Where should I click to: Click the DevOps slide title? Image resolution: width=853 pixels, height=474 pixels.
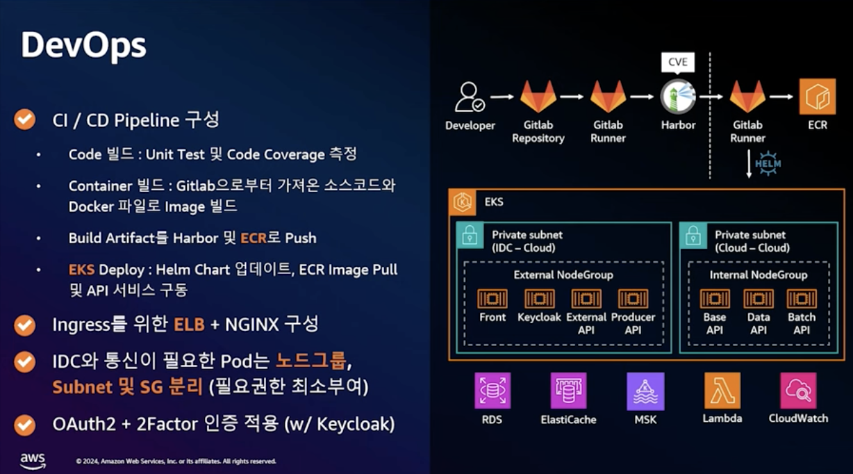click(83, 46)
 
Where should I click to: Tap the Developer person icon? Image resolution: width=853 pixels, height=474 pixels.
click(470, 97)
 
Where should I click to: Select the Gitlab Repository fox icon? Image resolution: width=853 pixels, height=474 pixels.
click(538, 97)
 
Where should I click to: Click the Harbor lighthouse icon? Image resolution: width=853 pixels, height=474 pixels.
click(677, 97)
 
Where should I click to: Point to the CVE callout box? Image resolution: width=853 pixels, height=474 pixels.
click(677, 63)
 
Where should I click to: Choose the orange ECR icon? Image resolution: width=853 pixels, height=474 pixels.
click(817, 97)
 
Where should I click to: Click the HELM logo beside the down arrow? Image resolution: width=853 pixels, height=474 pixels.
click(768, 163)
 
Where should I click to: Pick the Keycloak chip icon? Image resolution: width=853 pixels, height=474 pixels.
click(539, 299)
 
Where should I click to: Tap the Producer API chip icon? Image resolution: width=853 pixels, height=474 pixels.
click(633, 299)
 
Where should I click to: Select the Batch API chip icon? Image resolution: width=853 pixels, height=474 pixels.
click(802, 299)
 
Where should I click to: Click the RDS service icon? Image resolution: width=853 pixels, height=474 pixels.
click(492, 391)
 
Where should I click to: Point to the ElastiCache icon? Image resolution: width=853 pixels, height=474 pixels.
click(568, 391)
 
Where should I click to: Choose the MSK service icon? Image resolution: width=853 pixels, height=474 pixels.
click(645, 391)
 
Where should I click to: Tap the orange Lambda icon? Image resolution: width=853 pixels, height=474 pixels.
click(722, 391)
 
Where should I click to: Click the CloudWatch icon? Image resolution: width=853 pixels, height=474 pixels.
click(798, 391)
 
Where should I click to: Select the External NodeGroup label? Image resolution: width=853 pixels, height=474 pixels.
click(563, 275)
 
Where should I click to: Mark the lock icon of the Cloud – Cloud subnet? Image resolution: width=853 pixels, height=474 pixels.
click(693, 236)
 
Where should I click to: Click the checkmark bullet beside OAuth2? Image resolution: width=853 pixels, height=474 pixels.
click(25, 424)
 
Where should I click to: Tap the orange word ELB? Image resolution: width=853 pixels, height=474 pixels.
click(189, 324)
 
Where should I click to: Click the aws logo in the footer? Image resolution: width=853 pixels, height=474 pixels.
click(33, 461)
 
